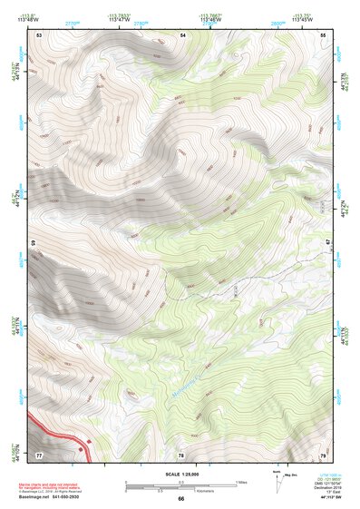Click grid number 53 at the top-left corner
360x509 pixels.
(39, 34)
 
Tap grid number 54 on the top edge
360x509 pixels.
(182, 34)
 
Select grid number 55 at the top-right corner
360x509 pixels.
(324, 34)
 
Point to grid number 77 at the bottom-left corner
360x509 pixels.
(39, 453)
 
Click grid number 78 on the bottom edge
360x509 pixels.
(181, 453)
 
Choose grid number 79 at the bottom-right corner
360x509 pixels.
(324, 453)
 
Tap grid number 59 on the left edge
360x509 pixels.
(35, 243)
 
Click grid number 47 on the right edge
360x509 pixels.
(328, 243)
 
